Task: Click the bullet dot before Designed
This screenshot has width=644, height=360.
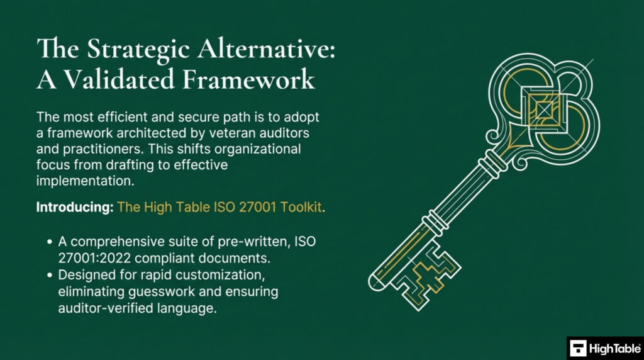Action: [50, 276]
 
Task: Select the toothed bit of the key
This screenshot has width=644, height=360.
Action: [430, 274]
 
